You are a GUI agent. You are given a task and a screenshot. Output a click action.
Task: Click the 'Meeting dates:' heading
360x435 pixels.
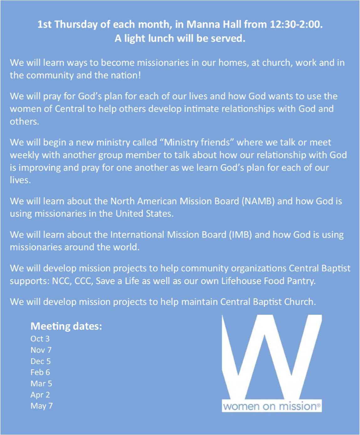[x=66, y=326]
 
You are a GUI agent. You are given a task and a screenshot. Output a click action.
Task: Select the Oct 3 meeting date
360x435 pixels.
[x=40, y=339]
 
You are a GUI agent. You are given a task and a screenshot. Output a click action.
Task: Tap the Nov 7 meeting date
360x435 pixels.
[x=41, y=350]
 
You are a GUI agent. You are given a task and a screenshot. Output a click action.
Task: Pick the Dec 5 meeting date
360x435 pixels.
[x=40, y=361]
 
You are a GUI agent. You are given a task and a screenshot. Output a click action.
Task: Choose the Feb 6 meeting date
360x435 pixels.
[x=40, y=372]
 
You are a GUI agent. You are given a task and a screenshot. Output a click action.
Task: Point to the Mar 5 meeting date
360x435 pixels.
[x=41, y=384]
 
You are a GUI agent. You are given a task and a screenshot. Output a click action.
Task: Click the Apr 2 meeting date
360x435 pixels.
[x=40, y=395]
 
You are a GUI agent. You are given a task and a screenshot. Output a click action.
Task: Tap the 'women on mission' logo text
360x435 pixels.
[x=271, y=407]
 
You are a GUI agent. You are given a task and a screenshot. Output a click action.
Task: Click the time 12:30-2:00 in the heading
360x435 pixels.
[x=296, y=24]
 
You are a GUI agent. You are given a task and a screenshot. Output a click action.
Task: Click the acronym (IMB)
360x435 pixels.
[x=240, y=235]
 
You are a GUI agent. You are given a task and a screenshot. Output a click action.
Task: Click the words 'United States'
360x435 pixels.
[x=144, y=214]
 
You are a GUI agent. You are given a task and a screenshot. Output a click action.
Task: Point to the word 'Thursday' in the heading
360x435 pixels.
[x=76, y=24]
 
